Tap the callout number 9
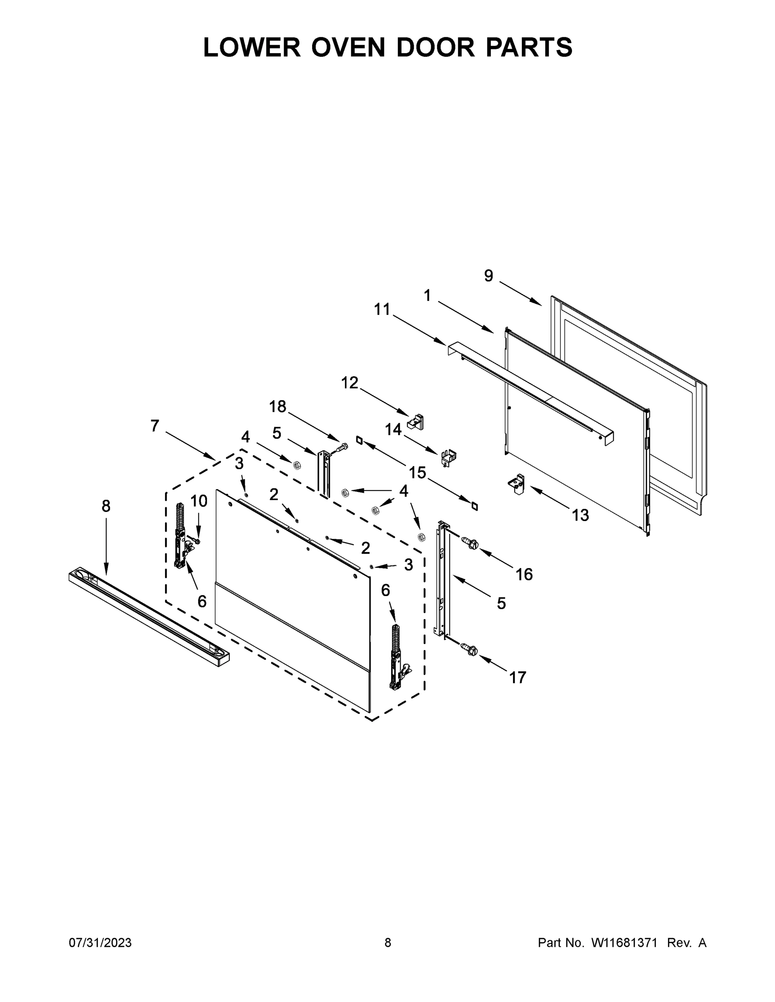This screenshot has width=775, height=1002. pyautogui.click(x=488, y=275)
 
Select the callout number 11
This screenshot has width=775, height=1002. pyautogui.click(x=381, y=309)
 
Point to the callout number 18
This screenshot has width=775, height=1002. pyautogui.click(x=277, y=406)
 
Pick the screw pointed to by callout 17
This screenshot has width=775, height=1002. pyautogui.click(x=472, y=649)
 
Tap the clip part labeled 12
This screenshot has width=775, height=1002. pyautogui.click(x=416, y=421)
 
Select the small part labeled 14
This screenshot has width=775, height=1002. pyautogui.click(x=447, y=458)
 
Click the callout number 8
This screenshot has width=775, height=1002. pyautogui.click(x=106, y=506)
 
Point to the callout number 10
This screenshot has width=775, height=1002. pyautogui.click(x=199, y=501)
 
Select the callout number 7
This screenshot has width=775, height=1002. pyautogui.click(x=155, y=426)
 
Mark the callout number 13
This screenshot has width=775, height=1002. pyautogui.click(x=580, y=515)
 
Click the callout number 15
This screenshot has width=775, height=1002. pyautogui.click(x=417, y=472)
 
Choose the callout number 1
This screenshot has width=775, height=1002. pyautogui.click(x=427, y=296)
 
